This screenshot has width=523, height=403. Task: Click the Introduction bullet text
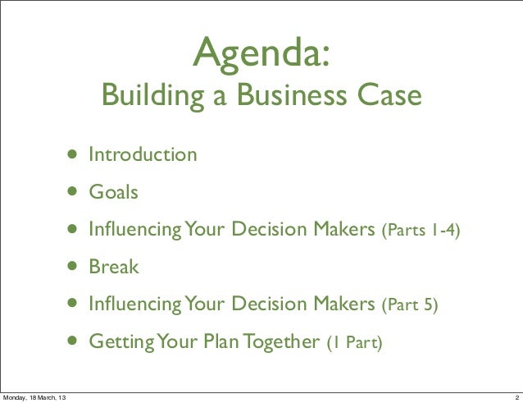point(143,154)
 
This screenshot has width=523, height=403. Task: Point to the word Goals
point(113,193)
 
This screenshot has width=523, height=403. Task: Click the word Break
point(114,268)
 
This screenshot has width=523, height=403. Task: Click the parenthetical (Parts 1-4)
point(421,231)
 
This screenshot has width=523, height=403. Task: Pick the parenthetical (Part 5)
point(410,306)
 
